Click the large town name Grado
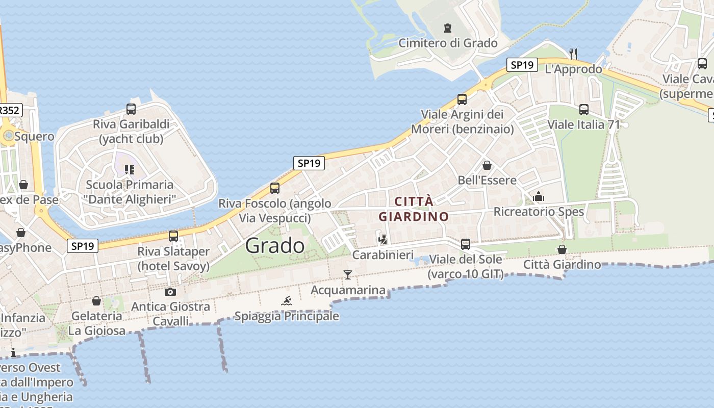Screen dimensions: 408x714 click(275, 246)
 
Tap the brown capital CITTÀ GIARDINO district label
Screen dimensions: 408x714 click(414, 209)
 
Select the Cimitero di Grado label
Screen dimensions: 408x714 click(448, 43)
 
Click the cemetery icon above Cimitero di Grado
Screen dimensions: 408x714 click(448, 28)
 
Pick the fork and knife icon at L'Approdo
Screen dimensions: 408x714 click(573, 53)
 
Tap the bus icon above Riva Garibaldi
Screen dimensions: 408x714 click(131, 109)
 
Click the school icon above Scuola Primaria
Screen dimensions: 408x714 click(130, 169)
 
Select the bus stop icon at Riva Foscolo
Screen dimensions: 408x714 click(275, 188)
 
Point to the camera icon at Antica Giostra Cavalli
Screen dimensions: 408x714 click(170, 292)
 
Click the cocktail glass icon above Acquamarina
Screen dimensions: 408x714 click(348, 275)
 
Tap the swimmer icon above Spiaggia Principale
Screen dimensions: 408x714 click(287, 301)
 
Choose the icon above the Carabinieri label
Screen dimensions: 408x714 click(383, 239)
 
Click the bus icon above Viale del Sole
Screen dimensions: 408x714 click(466, 244)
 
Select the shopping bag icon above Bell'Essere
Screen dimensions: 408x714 click(487, 165)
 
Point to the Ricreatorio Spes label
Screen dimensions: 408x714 click(539, 211)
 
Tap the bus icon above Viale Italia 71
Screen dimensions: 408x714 click(584, 109)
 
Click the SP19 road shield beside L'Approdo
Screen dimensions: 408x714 click(522, 65)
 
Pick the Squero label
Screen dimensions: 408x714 click(34, 136)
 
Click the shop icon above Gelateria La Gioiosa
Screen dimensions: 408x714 click(96, 301)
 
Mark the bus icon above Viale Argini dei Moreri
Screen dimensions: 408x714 click(462, 99)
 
